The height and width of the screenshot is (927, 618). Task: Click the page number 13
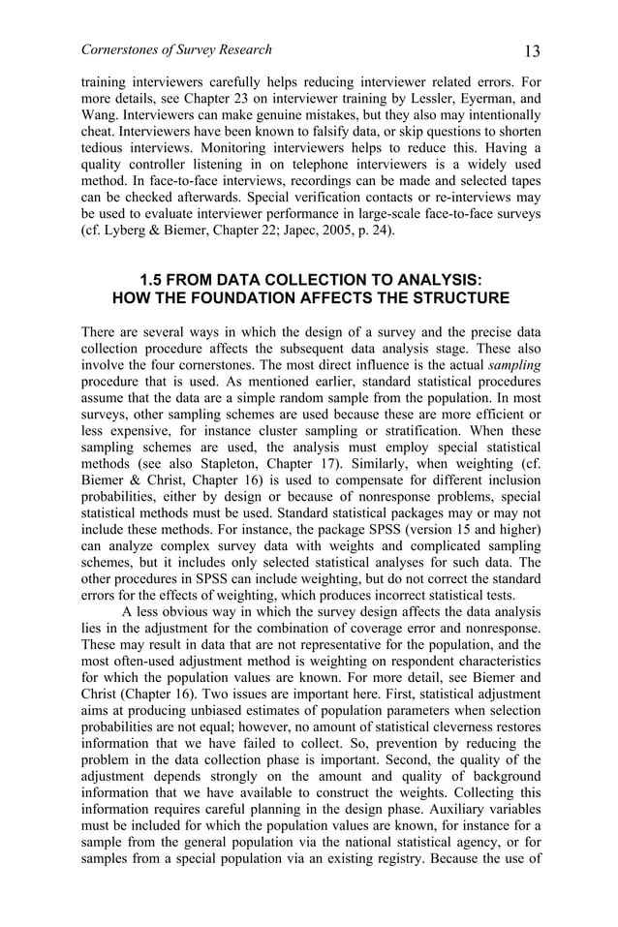(x=530, y=50)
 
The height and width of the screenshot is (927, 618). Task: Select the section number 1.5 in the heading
(x=154, y=278)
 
